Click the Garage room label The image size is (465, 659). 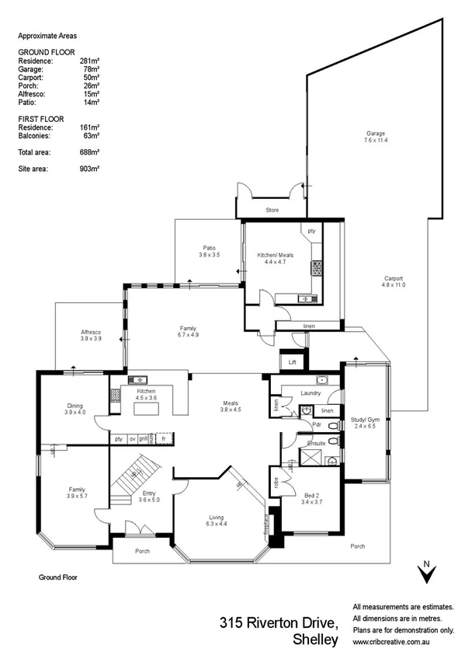(x=376, y=133)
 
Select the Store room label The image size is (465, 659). (x=272, y=211)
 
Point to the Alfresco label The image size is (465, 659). (x=92, y=332)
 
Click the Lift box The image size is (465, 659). (x=293, y=362)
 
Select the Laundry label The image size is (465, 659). (x=310, y=393)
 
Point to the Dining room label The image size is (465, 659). (x=75, y=405)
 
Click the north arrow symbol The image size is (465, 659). (x=425, y=573)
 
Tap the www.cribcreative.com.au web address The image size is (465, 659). (x=391, y=643)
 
